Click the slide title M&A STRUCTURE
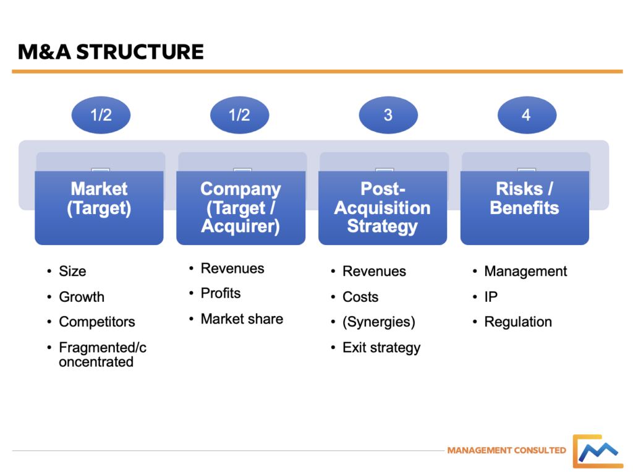pyautogui.click(x=111, y=51)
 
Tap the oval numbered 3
pyautogui.click(x=388, y=114)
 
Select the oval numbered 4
pyautogui.click(x=526, y=114)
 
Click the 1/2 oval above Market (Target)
pyautogui.click(x=101, y=114)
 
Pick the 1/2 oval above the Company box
pyautogui.click(x=240, y=114)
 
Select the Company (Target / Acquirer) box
pyautogui.click(x=240, y=207)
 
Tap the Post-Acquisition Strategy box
pyautogui.click(x=383, y=207)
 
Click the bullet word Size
pyautogui.click(x=72, y=271)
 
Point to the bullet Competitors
pyautogui.click(x=96, y=322)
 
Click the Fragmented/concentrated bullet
pyautogui.click(x=102, y=354)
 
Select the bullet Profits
pyautogui.click(x=221, y=293)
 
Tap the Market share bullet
pyautogui.click(x=242, y=319)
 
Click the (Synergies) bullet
pyautogui.click(x=378, y=322)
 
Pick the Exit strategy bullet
pyautogui.click(x=381, y=348)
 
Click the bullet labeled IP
pyautogui.click(x=491, y=297)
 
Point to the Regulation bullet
pyautogui.click(x=518, y=322)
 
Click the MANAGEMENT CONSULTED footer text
pyautogui.click(x=506, y=450)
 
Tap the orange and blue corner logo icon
pyautogui.click(x=596, y=451)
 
